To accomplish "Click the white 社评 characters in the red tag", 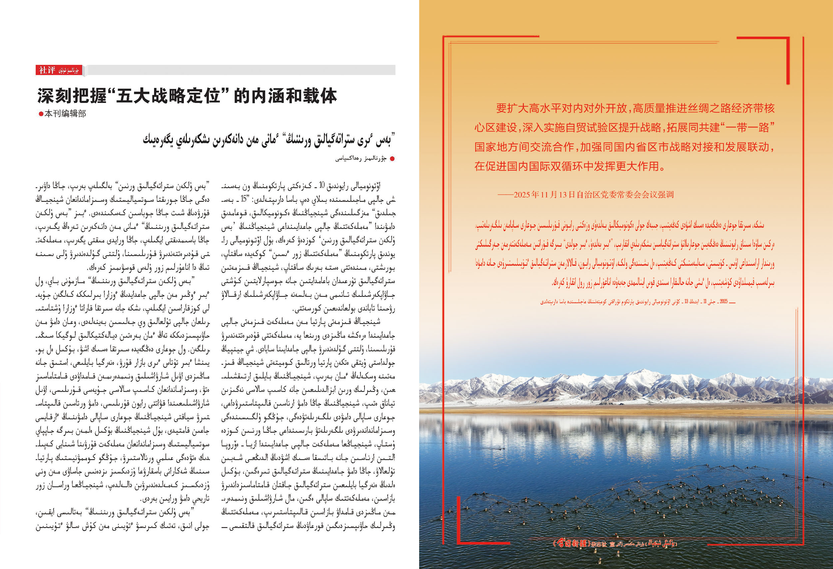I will pos(47,70).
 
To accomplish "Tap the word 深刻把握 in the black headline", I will pos(72,96).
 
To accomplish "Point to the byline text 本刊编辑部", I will pos(65,114).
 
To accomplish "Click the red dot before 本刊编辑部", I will pos(41,114).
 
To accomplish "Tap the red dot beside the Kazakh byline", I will pos(392,159).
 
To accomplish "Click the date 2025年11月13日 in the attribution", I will pos(544,195).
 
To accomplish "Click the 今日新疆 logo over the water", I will pos(571,544).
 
